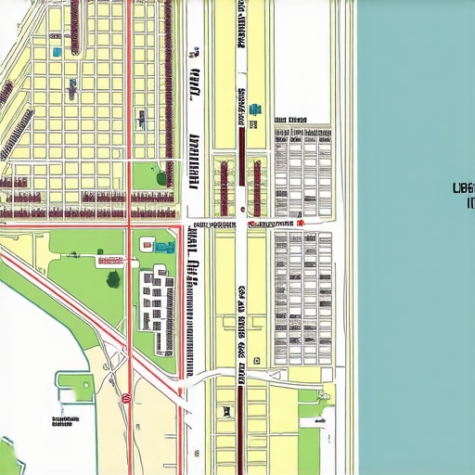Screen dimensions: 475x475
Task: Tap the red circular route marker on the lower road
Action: tap(125, 398)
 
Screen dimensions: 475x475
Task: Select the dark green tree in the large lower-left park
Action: tap(113, 278)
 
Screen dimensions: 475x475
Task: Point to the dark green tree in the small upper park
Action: tap(161, 177)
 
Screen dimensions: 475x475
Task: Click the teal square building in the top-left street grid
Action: tap(58, 52)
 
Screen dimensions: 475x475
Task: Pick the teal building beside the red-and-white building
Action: tap(164, 247)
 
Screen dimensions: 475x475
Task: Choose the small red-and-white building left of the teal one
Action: tap(147, 244)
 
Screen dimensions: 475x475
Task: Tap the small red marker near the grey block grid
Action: tap(301, 223)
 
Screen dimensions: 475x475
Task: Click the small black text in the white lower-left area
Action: tap(63, 421)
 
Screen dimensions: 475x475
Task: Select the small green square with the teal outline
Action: tap(77, 389)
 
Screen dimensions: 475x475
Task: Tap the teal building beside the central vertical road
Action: tap(253, 110)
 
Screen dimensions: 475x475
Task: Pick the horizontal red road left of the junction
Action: tap(65, 224)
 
